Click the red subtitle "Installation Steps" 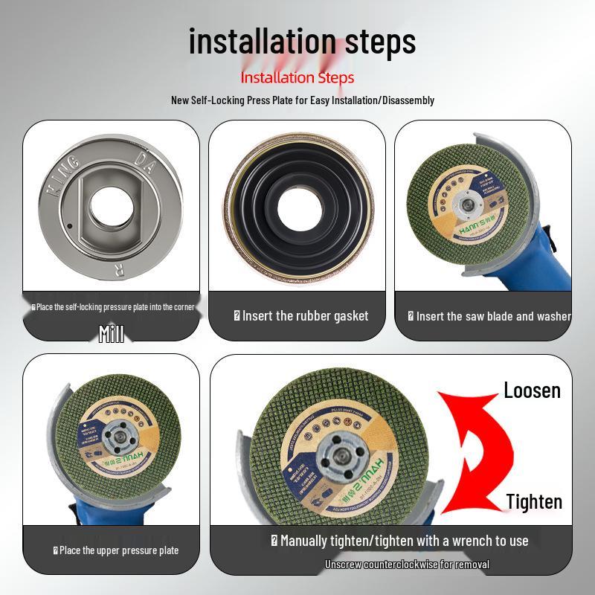[x=297, y=77]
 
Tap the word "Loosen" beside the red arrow [x=532, y=390]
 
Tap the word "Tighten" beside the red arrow [x=534, y=502]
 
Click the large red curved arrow [x=476, y=446]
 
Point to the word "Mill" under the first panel [x=111, y=334]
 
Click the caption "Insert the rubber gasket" [x=300, y=316]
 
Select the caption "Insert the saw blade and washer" [x=489, y=316]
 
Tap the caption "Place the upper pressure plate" [x=115, y=550]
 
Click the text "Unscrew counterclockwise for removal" [x=407, y=565]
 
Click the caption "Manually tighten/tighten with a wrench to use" [x=399, y=541]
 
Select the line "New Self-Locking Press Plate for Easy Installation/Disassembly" [x=303, y=100]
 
